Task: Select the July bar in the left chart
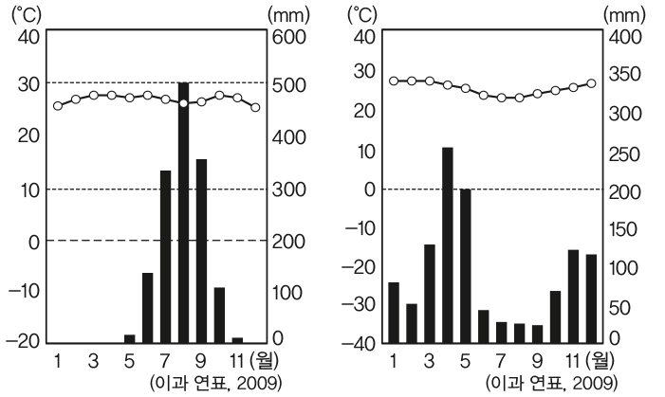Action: tap(165, 256)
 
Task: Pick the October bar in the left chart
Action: tap(219, 314)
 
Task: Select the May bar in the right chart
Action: tap(465, 265)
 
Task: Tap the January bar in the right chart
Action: tap(394, 312)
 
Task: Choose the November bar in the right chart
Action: tap(573, 295)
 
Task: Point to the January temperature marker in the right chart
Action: tap(394, 81)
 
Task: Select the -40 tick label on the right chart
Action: tap(364, 342)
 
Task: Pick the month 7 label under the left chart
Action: tap(165, 361)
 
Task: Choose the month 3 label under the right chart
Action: tap(429, 361)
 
